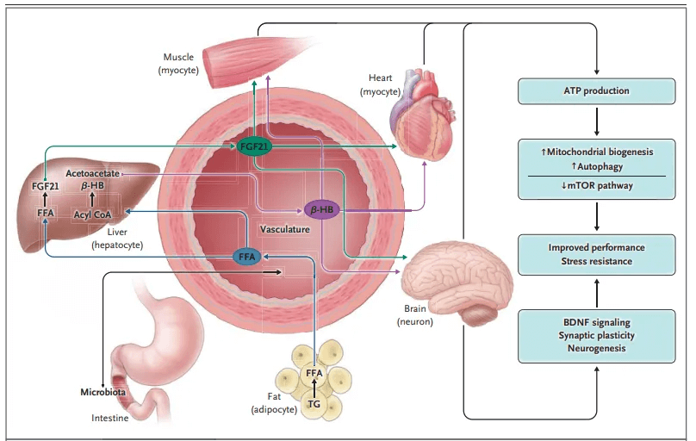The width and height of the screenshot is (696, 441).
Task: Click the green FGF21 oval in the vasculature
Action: click(254, 146)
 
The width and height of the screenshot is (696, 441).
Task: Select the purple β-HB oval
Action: click(322, 209)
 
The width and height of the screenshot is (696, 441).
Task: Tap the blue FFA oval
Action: click(247, 257)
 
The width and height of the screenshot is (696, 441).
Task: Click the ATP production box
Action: click(597, 91)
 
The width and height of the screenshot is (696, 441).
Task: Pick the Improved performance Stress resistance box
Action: click(597, 255)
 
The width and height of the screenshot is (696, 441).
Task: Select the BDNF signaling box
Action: click(597, 336)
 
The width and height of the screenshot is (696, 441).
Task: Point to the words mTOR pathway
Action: click(600, 185)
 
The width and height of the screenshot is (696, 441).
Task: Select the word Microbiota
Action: click(103, 392)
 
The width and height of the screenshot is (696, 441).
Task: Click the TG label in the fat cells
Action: click(314, 404)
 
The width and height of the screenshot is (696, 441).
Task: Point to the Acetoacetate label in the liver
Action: click(92, 173)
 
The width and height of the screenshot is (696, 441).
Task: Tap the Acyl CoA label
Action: click(92, 214)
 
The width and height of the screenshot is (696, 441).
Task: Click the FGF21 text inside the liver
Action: click(46, 186)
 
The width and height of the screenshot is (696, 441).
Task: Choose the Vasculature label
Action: click(285, 229)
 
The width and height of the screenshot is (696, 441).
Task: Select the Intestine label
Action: click(109, 418)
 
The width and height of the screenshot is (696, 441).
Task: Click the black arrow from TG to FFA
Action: click(314, 388)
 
